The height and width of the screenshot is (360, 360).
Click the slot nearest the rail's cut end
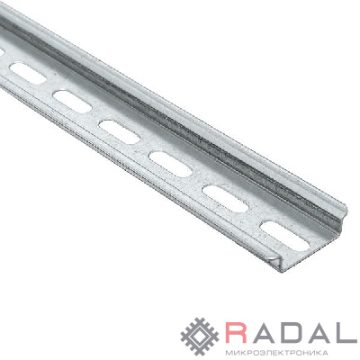coord(285,236)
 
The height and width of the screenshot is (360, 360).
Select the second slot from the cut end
coord(226,199)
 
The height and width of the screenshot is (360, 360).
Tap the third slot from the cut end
coord(171,164)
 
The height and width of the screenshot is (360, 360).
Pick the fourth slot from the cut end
coord(120,132)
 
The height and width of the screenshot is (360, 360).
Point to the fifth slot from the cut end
coord(72,102)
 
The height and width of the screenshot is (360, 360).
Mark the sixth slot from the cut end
coord(28,73)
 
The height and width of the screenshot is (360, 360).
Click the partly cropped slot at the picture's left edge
coord(2,52)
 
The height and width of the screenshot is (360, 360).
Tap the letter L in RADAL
coord(346,333)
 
